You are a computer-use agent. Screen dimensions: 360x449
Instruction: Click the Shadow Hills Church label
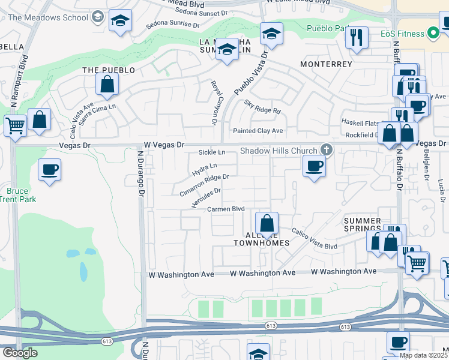click(279, 151)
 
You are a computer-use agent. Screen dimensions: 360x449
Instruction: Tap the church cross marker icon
click(327, 149)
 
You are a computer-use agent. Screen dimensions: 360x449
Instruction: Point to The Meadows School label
click(49, 17)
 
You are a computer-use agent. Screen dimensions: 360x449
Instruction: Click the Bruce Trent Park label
click(17, 195)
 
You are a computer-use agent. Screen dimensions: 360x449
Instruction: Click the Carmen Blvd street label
click(226, 209)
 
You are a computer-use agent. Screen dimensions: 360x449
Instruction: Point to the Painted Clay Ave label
click(258, 131)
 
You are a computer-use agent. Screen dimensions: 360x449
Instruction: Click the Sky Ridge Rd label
click(262, 107)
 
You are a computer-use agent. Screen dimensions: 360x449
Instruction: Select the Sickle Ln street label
click(212, 153)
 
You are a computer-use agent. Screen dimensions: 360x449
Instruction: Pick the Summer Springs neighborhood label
click(362, 225)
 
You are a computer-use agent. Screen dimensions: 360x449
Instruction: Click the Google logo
click(20, 353)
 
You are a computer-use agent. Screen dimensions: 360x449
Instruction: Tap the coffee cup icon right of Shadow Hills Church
click(313, 166)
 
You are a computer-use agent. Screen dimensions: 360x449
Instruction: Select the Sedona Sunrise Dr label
click(173, 25)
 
